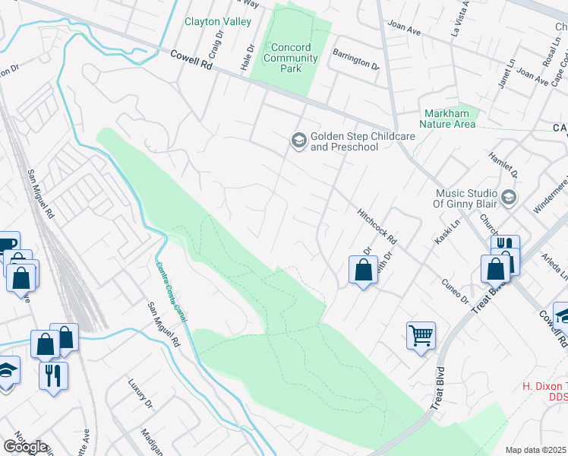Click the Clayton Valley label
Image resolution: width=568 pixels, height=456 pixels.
tap(218, 22)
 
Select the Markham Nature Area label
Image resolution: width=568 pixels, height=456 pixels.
tap(449, 119)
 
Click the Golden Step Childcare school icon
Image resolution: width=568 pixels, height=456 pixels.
tap(298, 140)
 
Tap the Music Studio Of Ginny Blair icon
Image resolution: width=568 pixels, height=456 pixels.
tap(509, 198)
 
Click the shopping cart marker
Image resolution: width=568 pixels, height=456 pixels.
tap(421, 334)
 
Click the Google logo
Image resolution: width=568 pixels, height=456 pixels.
tap(25, 447)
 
